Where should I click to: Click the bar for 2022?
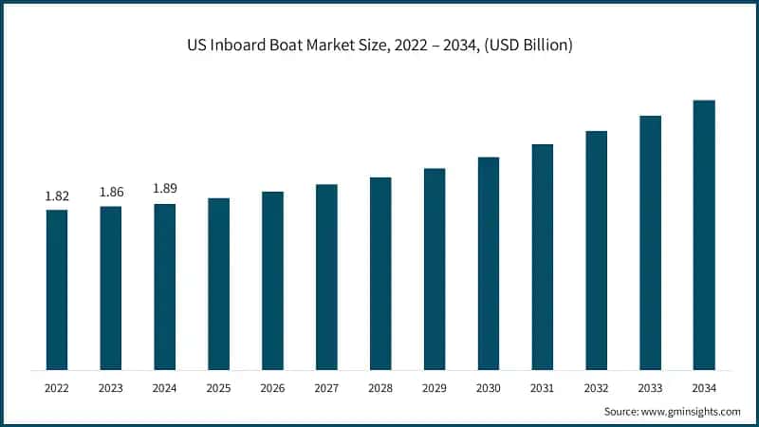[57, 289]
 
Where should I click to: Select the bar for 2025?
[219, 284]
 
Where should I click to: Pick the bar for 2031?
[542, 257]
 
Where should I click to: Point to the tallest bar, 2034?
[704, 234]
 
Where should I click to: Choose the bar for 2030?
[489, 263]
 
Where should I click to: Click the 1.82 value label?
[57, 196]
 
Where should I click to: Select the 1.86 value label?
[111, 193]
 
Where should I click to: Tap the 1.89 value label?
[165, 189]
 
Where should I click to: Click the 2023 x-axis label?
[111, 388]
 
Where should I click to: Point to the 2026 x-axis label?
[273, 388]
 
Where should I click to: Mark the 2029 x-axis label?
[435, 388]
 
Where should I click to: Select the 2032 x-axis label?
[596, 388]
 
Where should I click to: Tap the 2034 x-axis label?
[704, 388]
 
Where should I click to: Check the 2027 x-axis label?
[326, 388]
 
